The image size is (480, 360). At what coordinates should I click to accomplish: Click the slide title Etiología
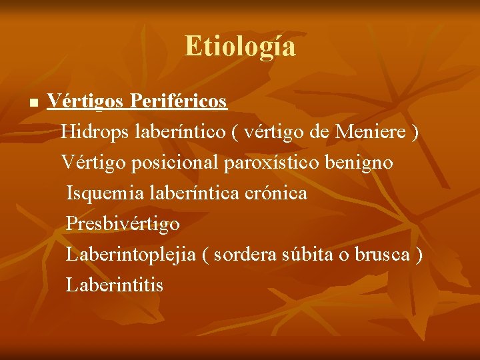(240, 47)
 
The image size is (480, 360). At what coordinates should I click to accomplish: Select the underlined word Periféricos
(179, 102)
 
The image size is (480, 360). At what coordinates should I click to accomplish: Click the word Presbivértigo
(123, 224)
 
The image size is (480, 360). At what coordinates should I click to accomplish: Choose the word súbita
(313, 255)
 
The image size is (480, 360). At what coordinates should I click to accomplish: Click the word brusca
(382, 255)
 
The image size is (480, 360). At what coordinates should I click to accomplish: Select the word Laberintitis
(115, 285)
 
